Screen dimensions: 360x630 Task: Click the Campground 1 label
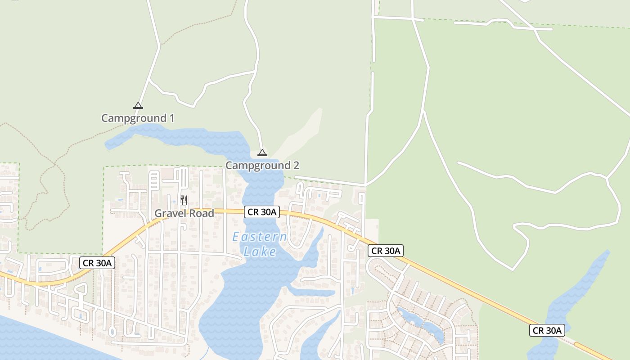click(138, 118)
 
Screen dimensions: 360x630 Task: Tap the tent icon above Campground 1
click(138, 106)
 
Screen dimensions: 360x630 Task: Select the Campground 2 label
click(262, 166)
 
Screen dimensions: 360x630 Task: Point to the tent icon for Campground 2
click(262, 153)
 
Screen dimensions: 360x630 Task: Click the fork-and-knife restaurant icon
click(184, 200)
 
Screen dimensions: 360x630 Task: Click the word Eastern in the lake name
click(260, 237)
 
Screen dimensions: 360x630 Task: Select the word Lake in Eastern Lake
click(260, 252)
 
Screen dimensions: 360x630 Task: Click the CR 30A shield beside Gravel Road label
click(262, 212)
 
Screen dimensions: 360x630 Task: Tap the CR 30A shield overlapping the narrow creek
click(547, 330)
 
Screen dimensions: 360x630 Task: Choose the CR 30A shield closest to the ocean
click(97, 263)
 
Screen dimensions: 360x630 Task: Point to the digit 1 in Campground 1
click(171, 118)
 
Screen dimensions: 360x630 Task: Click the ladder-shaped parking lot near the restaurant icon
click(154, 180)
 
